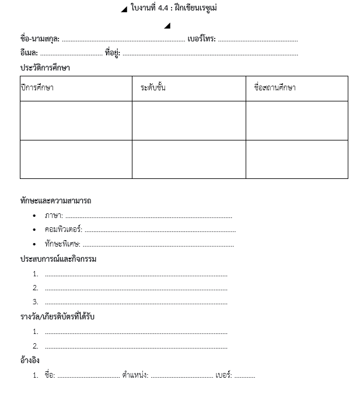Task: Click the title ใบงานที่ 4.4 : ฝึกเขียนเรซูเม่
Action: (x=174, y=8)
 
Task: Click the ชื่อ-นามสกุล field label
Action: (x=40, y=39)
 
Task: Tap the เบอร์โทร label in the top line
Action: (x=201, y=39)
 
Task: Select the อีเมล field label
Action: (x=29, y=54)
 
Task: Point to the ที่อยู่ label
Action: (x=112, y=54)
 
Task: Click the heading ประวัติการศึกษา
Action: (x=45, y=68)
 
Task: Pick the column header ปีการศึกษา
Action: (x=37, y=88)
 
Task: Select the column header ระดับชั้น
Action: (x=153, y=88)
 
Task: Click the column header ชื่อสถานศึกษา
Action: (x=274, y=88)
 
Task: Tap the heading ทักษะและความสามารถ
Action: (x=55, y=200)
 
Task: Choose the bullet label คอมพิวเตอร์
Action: (x=63, y=230)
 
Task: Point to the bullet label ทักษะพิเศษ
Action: (x=62, y=244)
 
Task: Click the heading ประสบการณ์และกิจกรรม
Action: (x=58, y=259)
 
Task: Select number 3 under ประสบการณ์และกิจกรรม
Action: (x=36, y=302)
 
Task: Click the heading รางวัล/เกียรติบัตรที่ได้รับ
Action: (x=57, y=316)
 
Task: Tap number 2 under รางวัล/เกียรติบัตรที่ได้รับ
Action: (x=36, y=346)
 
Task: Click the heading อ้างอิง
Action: (x=30, y=360)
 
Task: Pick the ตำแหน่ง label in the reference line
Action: (x=135, y=375)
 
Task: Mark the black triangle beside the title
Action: (x=124, y=9)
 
